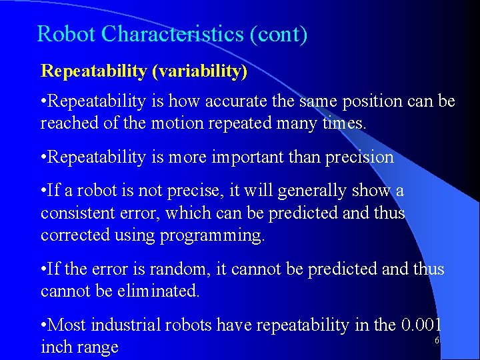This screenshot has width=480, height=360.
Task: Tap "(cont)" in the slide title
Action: point(279,34)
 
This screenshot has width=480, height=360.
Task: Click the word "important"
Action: point(245,157)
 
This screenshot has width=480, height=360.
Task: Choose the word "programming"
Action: point(220,235)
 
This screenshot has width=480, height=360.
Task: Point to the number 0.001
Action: point(422,325)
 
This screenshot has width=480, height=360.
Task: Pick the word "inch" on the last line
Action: point(55,347)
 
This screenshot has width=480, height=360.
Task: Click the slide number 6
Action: point(437,341)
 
